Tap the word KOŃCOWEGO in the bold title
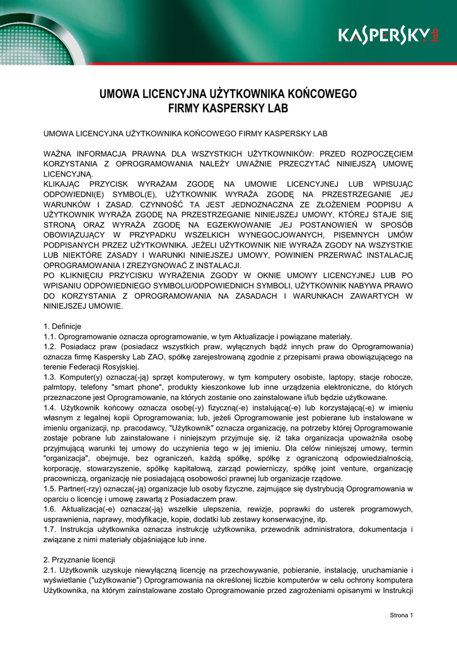point(320,94)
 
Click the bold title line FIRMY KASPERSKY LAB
point(228,109)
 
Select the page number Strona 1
point(401,615)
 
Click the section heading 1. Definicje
point(62,326)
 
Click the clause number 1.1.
point(50,336)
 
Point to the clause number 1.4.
point(50,408)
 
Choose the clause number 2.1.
point(50,570)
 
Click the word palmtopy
point(59,387)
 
